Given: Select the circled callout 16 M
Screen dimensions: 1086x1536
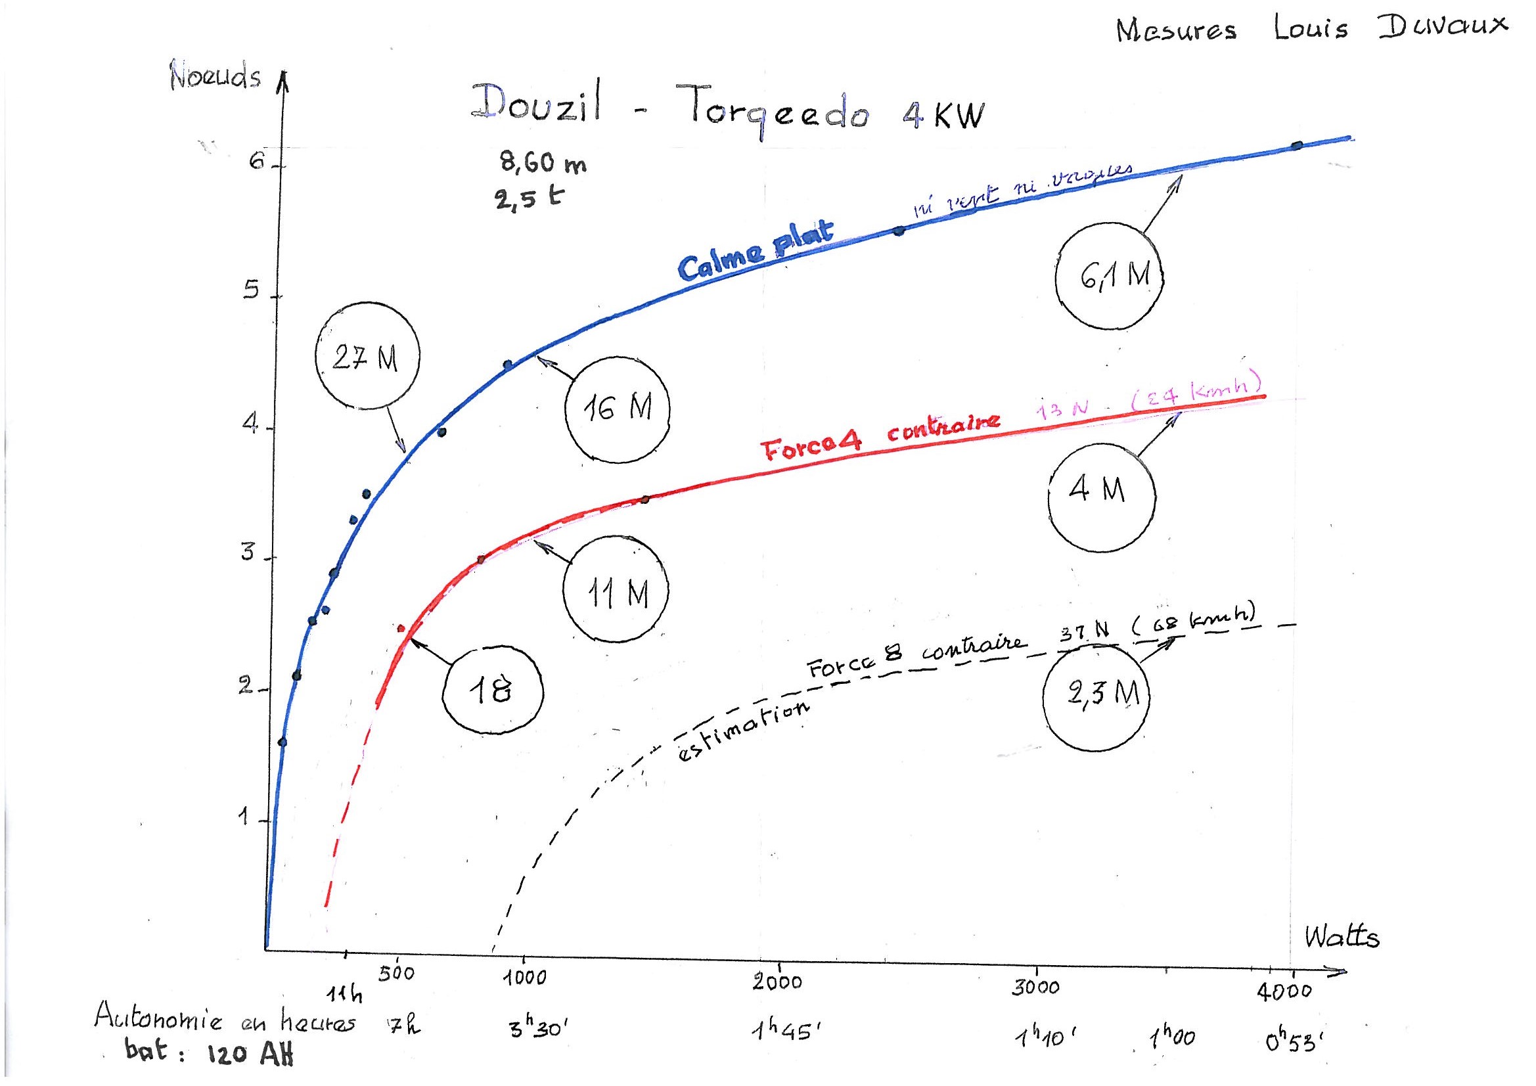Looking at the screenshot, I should point(618,409).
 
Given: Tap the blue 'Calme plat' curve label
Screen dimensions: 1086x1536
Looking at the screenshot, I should point(756,250).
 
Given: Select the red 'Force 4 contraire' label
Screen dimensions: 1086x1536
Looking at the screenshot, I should point(881,436).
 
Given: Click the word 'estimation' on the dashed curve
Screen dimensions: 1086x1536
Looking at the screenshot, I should point(742,732).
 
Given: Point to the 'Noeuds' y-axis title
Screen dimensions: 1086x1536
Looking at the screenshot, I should point(215,76).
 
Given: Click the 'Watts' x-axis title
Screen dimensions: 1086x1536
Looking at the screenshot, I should point(1342,938).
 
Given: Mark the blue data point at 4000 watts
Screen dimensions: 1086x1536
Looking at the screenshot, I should point(1297,145).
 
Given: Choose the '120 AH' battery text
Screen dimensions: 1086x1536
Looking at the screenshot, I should point(250,1055).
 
